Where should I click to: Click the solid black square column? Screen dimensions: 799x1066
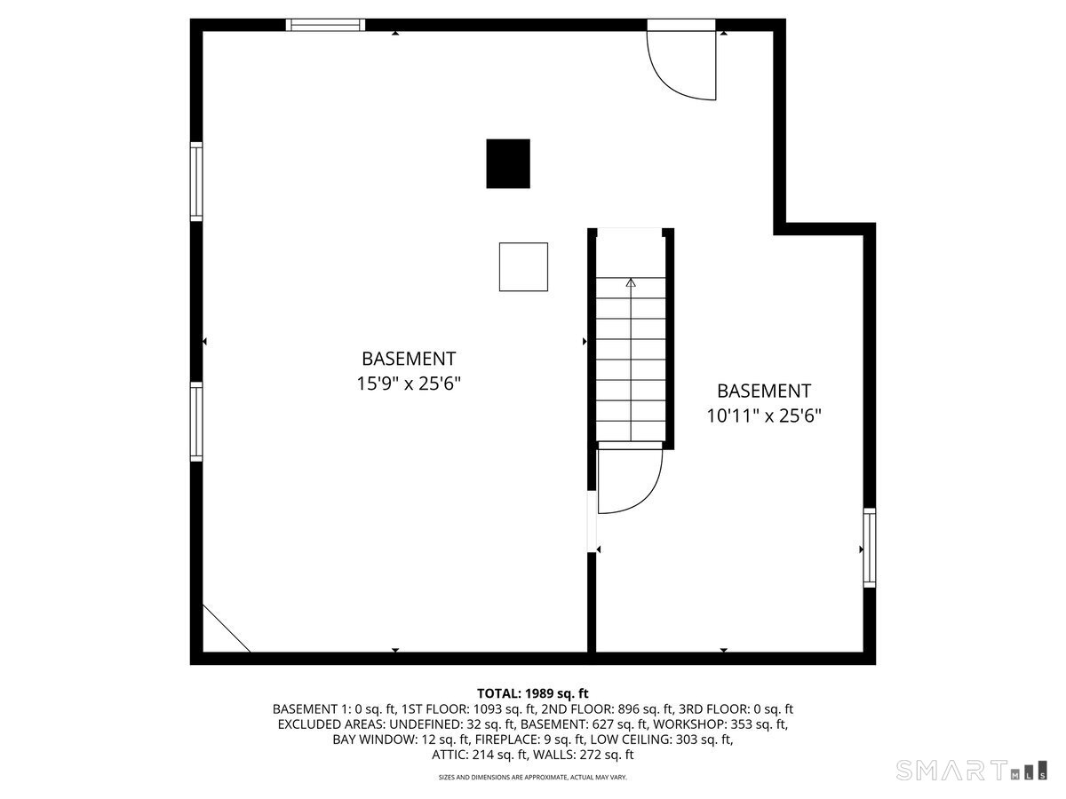point(508,163)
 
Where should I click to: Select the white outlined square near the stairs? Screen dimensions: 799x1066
point(523,266)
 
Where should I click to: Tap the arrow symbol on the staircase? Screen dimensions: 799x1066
point(631,283)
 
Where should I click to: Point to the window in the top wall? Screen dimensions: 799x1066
point(325,25)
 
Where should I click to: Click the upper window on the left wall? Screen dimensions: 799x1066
point(196,181)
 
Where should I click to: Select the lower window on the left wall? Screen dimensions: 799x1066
point(196,421)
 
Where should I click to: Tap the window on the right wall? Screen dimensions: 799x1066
point(870,548)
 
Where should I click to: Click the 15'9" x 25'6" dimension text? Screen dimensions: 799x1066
point(409,384)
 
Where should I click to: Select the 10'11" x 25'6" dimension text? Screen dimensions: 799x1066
point(764,415)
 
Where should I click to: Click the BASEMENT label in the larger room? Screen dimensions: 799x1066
point(409,359)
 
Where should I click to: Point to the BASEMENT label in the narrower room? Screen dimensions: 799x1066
point(764,391)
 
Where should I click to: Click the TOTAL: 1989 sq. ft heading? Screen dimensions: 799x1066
point(533,693)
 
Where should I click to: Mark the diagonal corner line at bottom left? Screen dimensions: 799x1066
point(226,629)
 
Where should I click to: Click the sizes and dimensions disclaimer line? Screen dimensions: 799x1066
point(533,778)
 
